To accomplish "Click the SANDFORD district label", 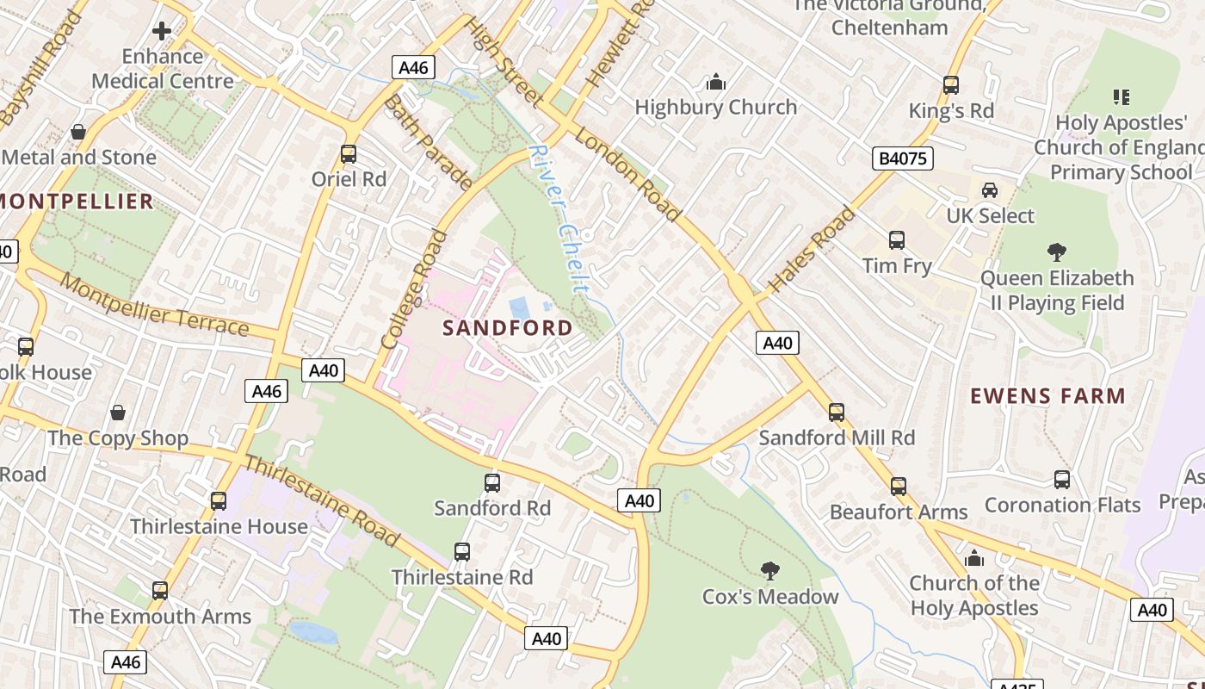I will point(507,328).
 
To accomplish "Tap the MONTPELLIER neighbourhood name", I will point(76,202).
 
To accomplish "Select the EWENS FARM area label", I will point(1047,396).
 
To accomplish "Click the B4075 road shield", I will point(902,158).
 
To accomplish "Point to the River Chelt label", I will point(559,219).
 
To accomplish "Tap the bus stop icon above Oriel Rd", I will point(349,154).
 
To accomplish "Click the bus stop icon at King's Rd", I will point(951,85).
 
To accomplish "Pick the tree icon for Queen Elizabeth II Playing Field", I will point(1057,252).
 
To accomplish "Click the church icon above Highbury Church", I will point(716,83).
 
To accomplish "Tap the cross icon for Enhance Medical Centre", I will point(162,32).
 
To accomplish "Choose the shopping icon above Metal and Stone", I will point(78,132).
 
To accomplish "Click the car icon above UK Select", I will point(990,190).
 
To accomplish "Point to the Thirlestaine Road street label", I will point(322,501).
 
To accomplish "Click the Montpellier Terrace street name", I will point(155,307).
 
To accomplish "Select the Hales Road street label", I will point(812,250).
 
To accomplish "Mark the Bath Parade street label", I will point(428,143).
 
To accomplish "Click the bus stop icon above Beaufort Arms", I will point(899,487).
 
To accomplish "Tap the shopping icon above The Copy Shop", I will point(118,413).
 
